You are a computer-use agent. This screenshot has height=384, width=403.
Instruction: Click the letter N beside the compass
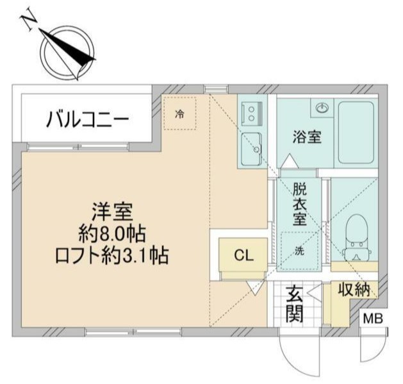pyautogui.click(x=28, y=21)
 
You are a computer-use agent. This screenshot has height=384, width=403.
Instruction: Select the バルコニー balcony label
pyautogui.click(x=88, y=119)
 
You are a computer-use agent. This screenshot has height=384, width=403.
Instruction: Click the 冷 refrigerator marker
pyautogui.click(x=180, y=115)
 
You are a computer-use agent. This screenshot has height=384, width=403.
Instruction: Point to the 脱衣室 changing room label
pyautogui.click(x=299, y=204)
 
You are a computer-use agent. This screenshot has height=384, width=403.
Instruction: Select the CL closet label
pyautogui.click(x=243, y=256)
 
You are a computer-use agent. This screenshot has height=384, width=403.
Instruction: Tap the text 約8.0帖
pyautogui.click(x=111, y=233)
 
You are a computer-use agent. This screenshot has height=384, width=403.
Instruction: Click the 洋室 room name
pyautogui.click(x=111, y=211)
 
